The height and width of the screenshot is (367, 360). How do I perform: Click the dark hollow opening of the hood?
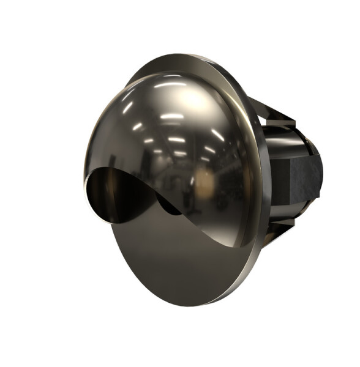113,193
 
